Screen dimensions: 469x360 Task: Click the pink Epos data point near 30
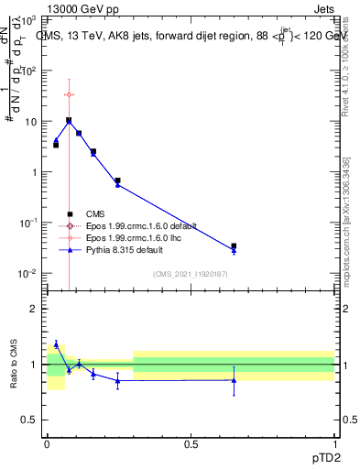69,94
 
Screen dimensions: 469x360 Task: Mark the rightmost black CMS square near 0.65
234,246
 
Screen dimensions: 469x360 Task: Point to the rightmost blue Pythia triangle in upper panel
234,251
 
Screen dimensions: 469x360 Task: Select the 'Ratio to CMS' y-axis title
14,365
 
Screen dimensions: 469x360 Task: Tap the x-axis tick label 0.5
191,442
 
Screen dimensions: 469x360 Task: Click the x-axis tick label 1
333,442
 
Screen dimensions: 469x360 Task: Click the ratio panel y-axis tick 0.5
31,420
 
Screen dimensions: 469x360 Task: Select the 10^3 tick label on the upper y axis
29,19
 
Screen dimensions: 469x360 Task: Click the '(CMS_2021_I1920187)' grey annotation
191,274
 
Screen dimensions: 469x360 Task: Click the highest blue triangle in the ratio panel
56,344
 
